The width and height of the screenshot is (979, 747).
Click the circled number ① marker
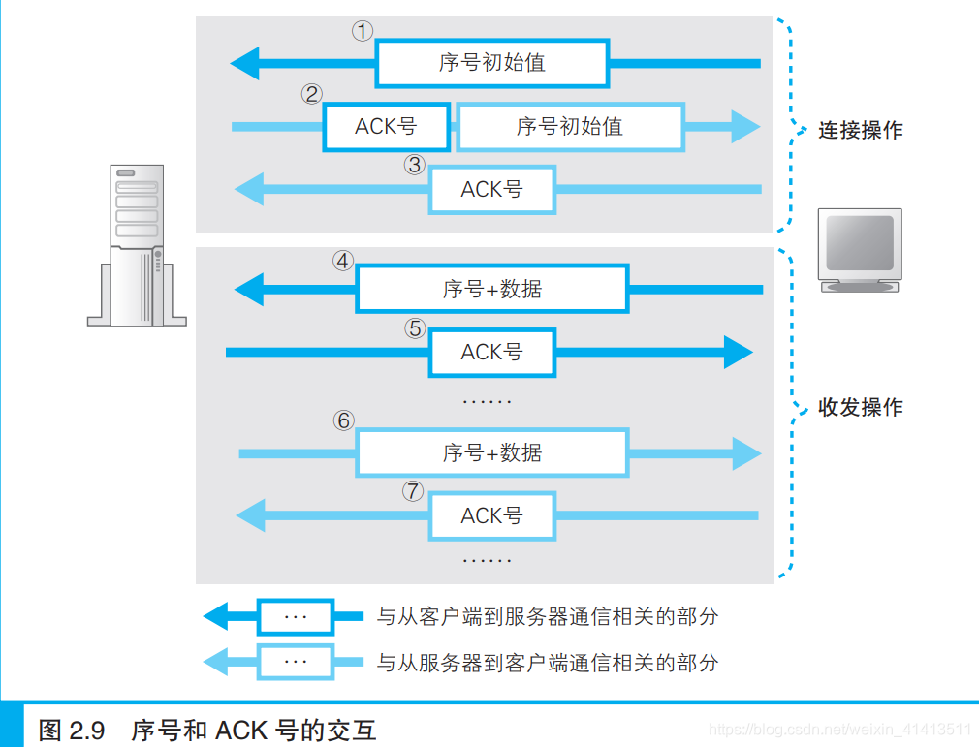[x=362, y=31]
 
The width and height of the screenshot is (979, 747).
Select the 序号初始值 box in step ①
[x=492, y=64]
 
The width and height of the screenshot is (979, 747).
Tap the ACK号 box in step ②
[x=386, y=127]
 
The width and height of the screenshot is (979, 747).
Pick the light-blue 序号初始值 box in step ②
[x=570, y=127]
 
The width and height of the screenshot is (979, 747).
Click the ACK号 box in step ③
[x=492, y=190]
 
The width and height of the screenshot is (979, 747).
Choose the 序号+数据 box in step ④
[x=492, y=289]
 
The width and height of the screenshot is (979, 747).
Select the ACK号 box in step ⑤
[x=492, y=353]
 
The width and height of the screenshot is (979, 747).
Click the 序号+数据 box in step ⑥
[x=492, y=452]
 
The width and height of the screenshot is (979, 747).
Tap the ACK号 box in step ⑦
[x=492, y=515]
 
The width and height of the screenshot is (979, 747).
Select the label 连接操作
[x=860, y=130]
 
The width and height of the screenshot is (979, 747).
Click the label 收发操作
[x=860, y=407]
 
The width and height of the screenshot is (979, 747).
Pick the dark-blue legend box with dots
[x=295, y=616]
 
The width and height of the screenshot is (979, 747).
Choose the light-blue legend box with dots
[x=295, y=663]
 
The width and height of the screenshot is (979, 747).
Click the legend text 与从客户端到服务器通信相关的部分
[x=547, y=616]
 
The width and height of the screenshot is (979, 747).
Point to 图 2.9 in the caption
[x=71, y=730]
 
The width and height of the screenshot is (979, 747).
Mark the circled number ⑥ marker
[x=344, y=421]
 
